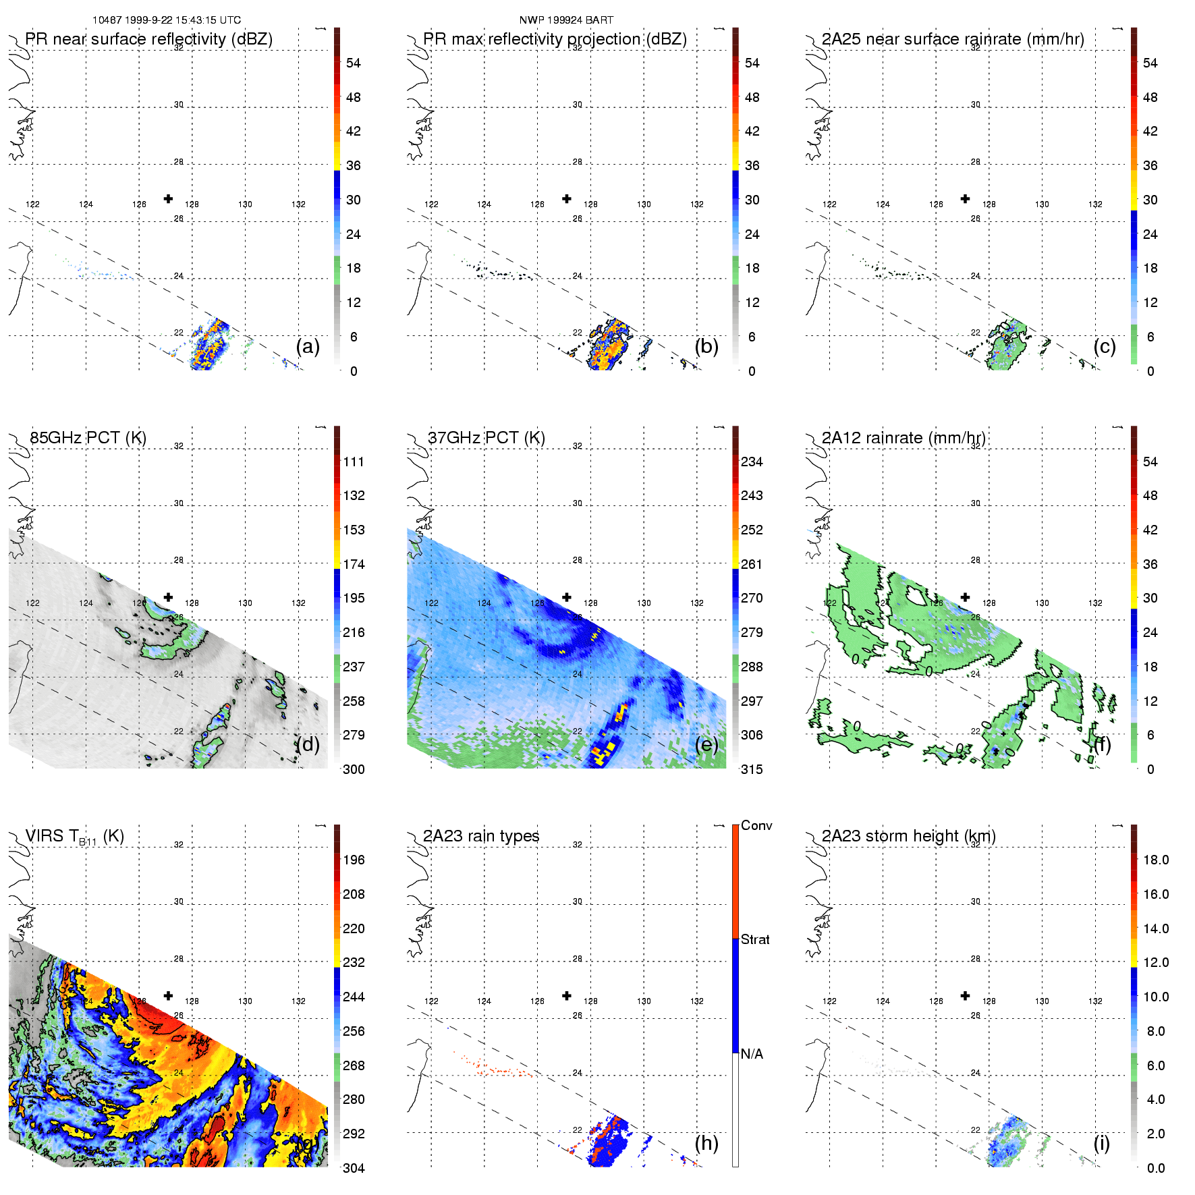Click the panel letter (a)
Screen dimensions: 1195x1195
click(x=308, y=346)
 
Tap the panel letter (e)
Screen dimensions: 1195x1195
click(x=706, y=744)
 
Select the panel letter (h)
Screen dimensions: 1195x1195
click(x=706, y=1142)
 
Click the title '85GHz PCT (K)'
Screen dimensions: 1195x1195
click(x=88, y=438)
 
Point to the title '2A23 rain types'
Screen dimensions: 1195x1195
click(x=481, y=836)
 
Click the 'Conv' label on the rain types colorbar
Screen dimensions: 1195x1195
click(x=756, y=826)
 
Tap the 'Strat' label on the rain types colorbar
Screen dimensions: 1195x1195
click(x=755, y=940)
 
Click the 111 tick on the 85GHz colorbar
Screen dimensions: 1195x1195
click(x=354, y=462)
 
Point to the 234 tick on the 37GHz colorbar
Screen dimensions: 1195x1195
click(x=752, y=462)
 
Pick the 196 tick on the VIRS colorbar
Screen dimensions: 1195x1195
click(x=354, y=860)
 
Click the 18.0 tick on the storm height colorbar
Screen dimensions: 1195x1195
click(x=1156, y=860)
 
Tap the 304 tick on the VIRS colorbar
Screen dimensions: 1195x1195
click(x=354, y=1168)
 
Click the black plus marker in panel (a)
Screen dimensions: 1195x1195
click(x=168, y=199)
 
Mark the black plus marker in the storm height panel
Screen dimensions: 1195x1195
click(x=966, y=996)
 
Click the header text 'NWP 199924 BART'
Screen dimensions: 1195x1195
click(x=566, y=20)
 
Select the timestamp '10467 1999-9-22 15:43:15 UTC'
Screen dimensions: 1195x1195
click(x=167, y=20)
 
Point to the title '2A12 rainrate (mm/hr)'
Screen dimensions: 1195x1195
click(x=904, y=438)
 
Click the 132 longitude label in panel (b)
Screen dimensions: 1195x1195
click(x=697, y=204)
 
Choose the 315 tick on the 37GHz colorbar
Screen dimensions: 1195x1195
click(x=752, y=770)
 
